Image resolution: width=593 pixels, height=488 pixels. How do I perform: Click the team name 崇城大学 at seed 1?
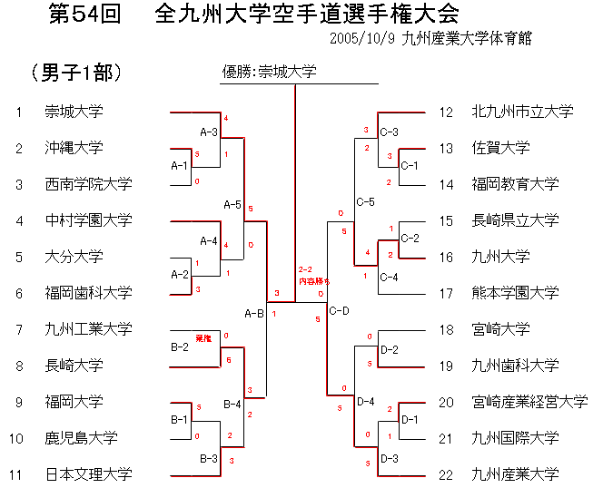[74, 112]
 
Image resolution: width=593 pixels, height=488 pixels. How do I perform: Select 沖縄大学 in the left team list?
[74, 148]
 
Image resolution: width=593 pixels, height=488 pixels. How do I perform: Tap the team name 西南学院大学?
[88, 184]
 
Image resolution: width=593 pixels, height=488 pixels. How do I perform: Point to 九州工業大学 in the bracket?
[88, 329]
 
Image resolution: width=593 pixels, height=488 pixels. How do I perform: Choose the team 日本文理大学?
[88, 474]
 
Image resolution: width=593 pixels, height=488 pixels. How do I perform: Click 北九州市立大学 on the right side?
[522, 112]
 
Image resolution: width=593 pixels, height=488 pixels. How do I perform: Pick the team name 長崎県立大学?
[515, 220]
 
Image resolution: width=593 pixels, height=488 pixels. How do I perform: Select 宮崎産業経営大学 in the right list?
[529, 402]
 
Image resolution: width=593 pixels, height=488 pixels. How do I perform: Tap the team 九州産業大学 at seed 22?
[515, 474]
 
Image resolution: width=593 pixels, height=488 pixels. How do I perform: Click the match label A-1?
[180, 166]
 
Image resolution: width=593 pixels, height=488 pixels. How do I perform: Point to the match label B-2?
[180, 346]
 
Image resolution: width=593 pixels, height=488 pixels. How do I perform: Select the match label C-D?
[340, 311]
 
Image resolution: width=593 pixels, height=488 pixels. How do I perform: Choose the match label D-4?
[366, 402]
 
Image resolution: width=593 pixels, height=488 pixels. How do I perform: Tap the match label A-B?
[253, 313]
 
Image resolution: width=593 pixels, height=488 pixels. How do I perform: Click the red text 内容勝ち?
[314, 282]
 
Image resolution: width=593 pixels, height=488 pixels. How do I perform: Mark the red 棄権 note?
[203, 338]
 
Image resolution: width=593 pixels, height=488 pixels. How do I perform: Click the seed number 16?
[446, 257]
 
